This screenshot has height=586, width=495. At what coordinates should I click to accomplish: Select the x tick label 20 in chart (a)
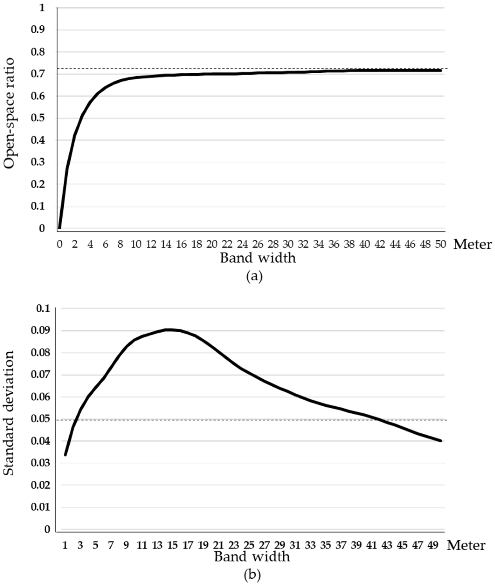pyautogui.click(x=212, y=245)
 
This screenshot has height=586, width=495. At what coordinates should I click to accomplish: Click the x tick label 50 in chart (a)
pyautogui.click(x=440, y=245)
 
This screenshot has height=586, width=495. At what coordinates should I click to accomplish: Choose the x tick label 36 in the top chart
pyautogui.click(x=334, y=245)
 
